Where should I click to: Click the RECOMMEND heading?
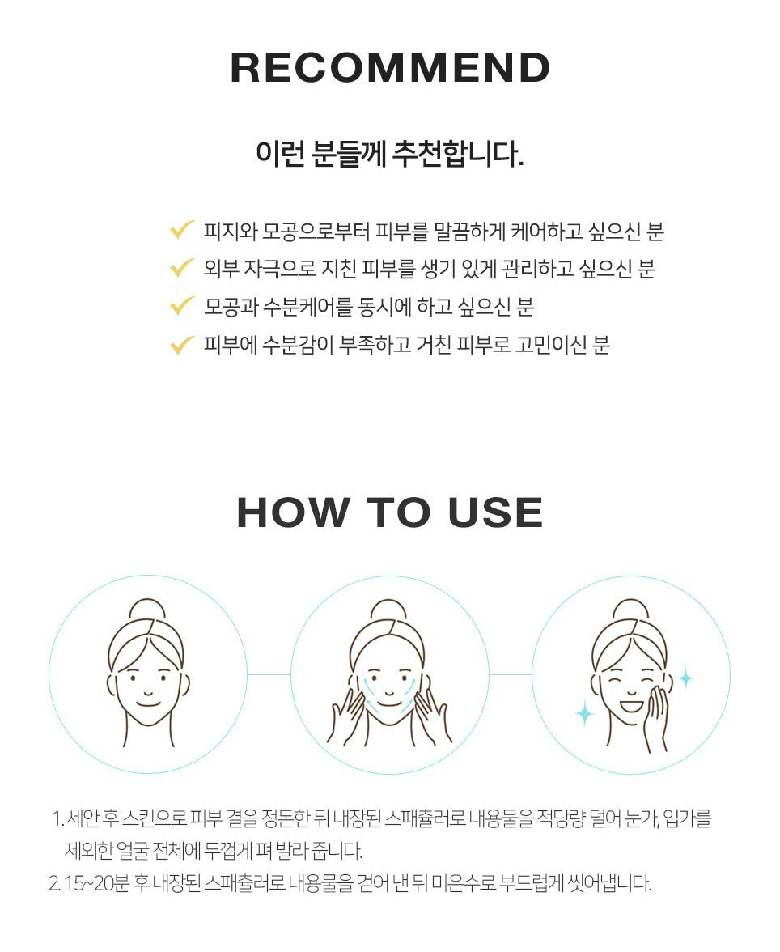pos(390,67)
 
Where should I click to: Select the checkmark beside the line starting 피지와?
pos(181,230)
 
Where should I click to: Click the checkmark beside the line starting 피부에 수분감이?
pos(181,344)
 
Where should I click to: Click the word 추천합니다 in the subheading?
pos(458,153)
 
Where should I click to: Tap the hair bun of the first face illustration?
pos(147,610)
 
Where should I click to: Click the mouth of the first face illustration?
pos(147,703)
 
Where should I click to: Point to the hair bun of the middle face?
pos(388,610)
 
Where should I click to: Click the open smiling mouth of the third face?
pos(630,706)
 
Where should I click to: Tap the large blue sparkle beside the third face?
pos(584,712)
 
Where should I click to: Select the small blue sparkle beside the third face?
pos(686,678)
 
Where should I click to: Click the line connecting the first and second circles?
pos(269,674)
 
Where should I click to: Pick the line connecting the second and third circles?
pos(511,674)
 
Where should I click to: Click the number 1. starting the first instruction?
pos(57,818)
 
